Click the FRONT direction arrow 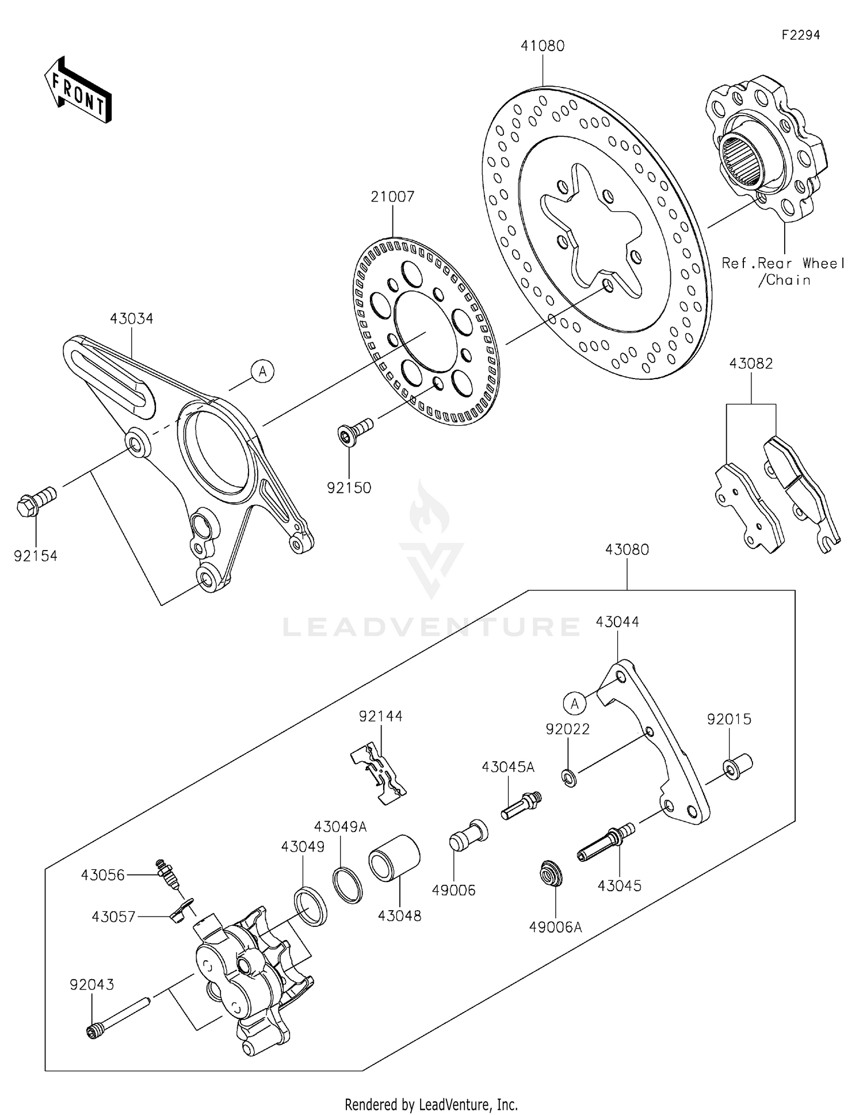[78, 90]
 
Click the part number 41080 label [542, 45]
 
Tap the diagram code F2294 [800, 35]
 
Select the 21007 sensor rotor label [392, 197]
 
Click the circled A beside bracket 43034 [262, 372]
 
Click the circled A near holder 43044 [574, 703]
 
